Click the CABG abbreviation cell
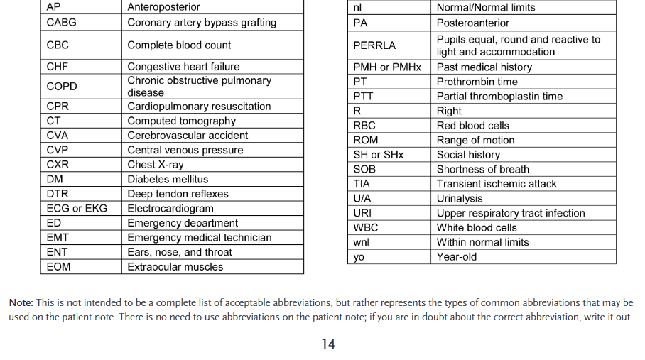(61, 23)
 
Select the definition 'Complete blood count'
(179, 45)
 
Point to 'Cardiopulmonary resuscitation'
(199, 107)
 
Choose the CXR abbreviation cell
(58, 165)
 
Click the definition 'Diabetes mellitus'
(168, 180)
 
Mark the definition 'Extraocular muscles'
(175, 267)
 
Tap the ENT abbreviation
(57, 252)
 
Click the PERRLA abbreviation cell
(374, 45)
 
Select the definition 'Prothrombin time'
(477, 82)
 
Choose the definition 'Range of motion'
(475, 140)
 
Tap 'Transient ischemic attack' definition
(497, 184)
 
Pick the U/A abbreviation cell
(362, 198)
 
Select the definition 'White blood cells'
(477, 228)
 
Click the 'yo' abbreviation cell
(359, 257)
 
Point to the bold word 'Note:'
(21, 303)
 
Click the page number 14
(327, 344)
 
